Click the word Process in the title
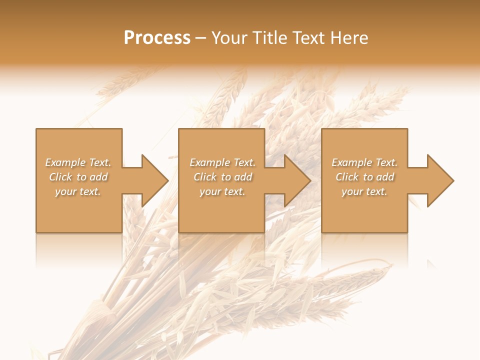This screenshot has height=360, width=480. (x=157, y=38)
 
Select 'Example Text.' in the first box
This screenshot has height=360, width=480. (x=78, y=162)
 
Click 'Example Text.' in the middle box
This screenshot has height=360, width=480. (x=222, y=162)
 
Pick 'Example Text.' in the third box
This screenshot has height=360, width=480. (x=364, y=162)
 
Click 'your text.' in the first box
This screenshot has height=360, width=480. (x=78, y=191)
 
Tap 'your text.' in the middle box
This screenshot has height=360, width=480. (x=222, y=191)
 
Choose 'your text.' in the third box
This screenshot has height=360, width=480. (x=364, y=191)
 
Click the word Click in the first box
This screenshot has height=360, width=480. (x=60, y=177)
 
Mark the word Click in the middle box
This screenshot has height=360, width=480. (x=204, y=177)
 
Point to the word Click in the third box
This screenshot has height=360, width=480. (x=346, y=177)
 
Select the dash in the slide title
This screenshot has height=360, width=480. (x=200, y=38)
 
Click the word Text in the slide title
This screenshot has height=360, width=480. (x=305, y=38)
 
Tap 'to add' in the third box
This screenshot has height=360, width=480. (x=381, y=177)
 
